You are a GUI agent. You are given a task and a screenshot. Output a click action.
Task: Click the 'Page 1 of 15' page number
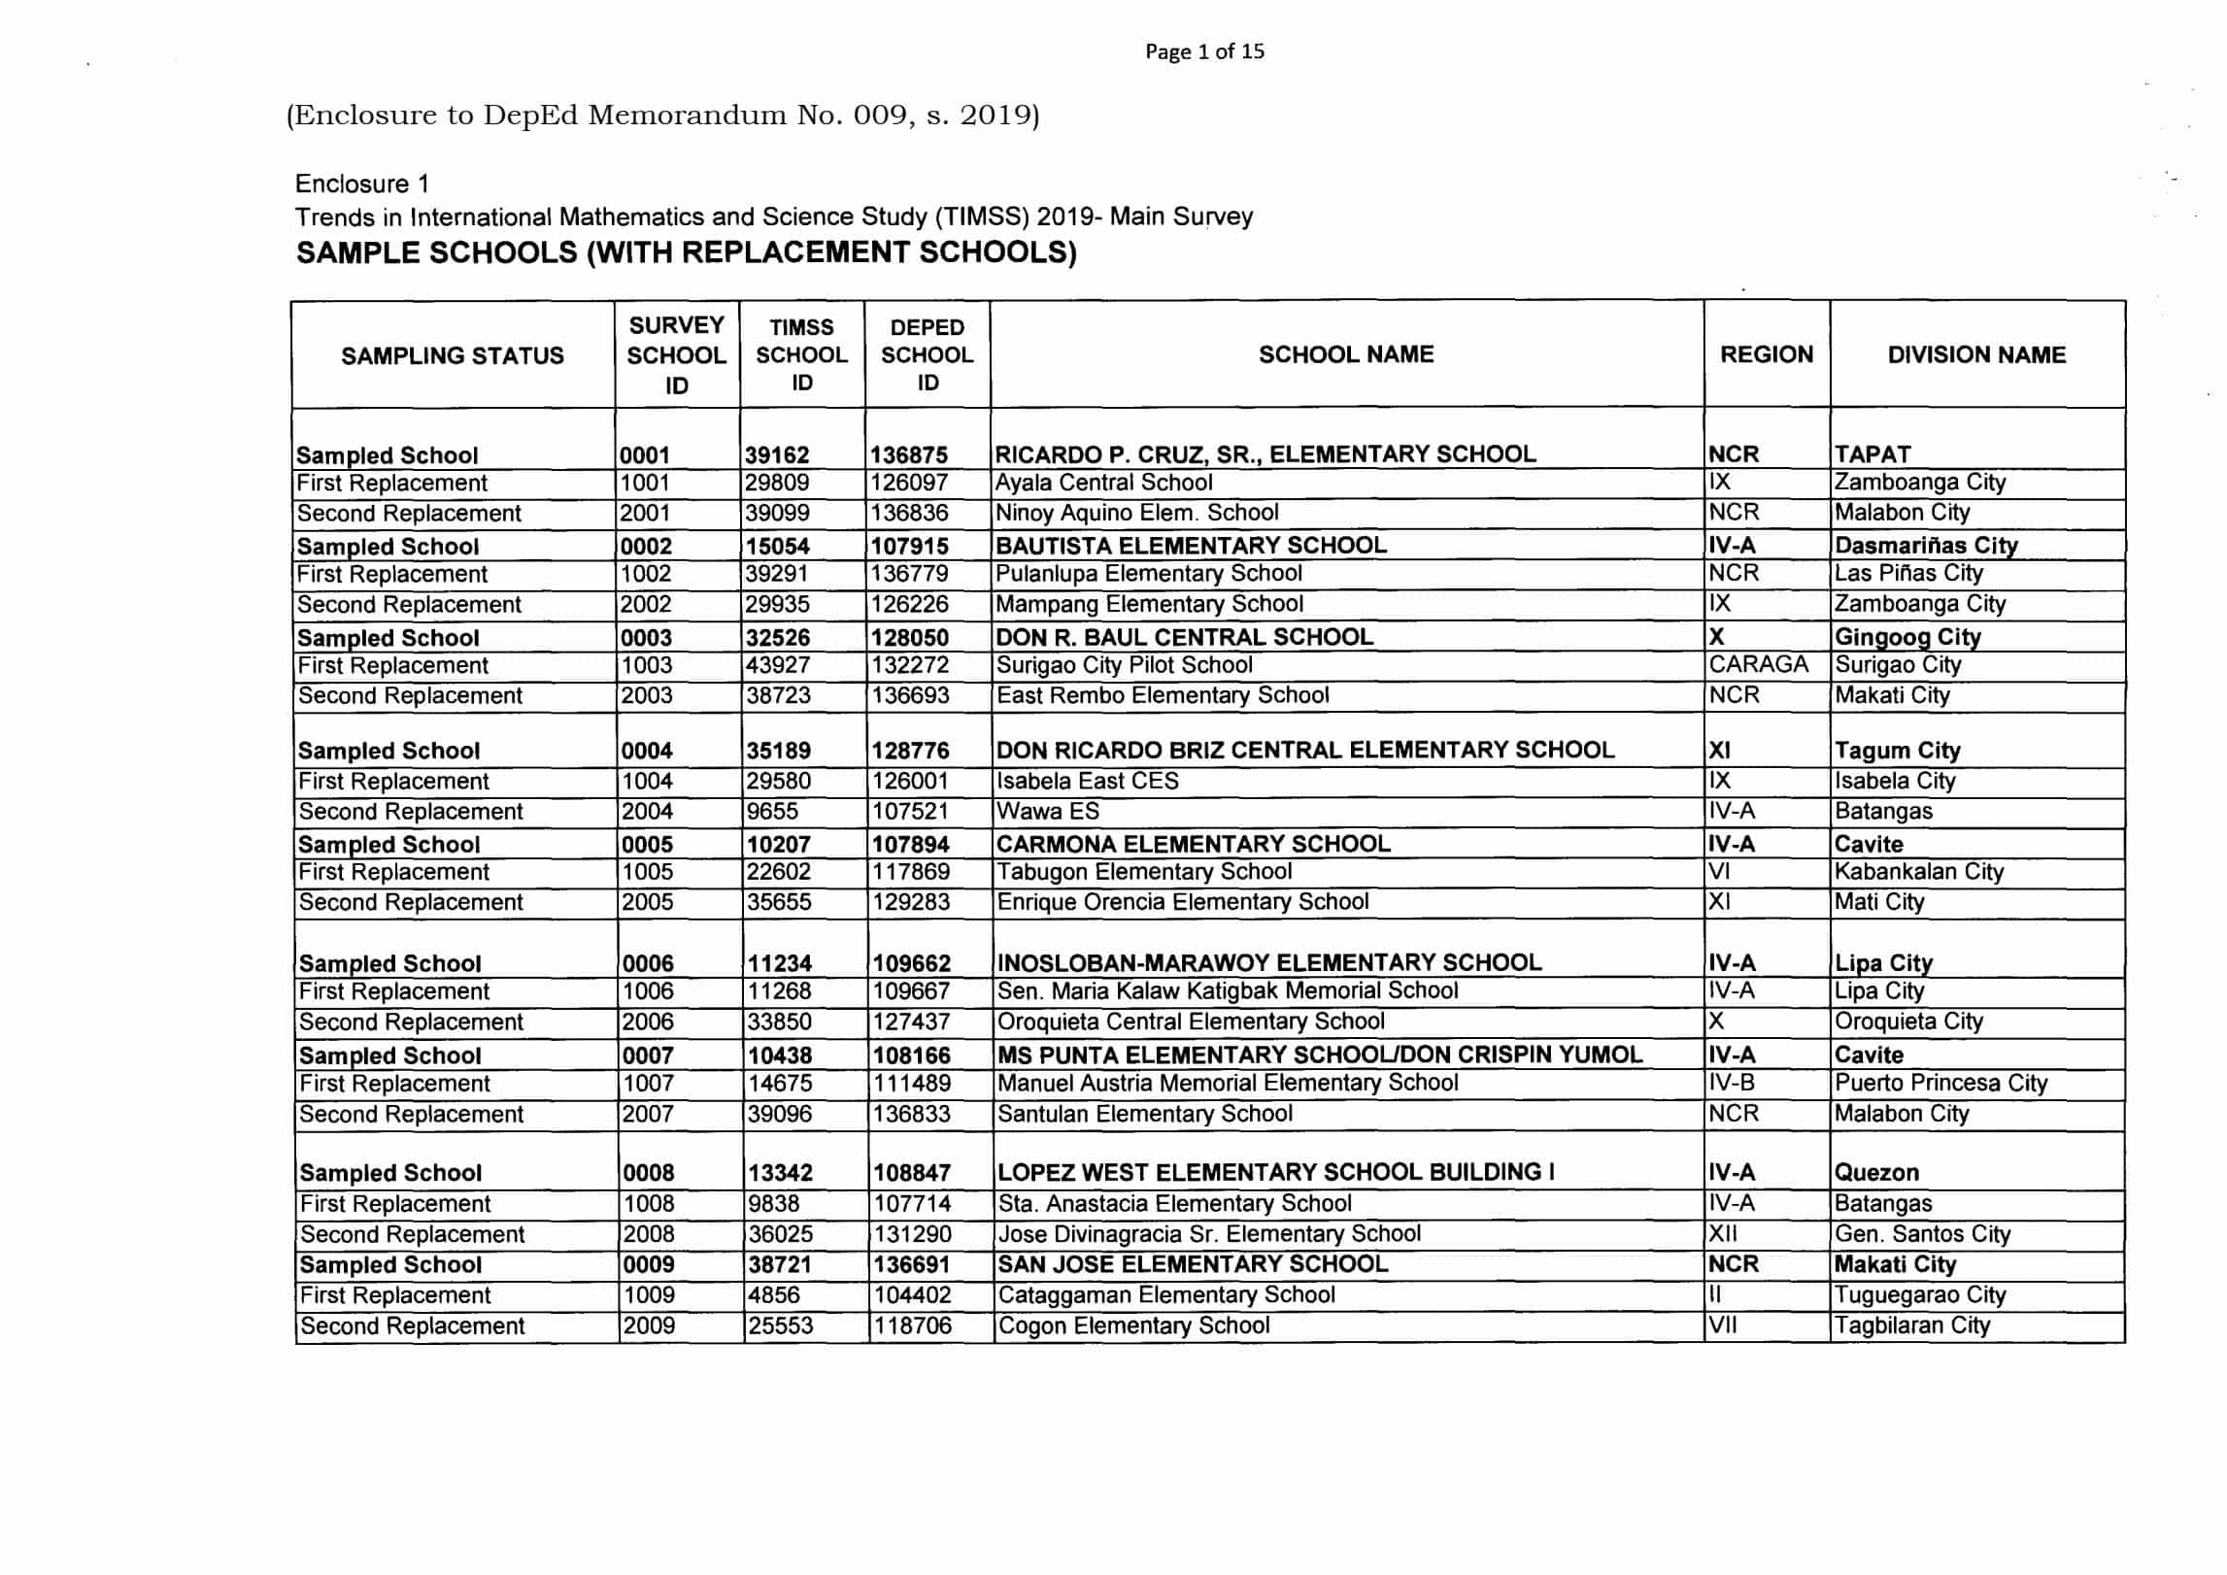(1204, 51)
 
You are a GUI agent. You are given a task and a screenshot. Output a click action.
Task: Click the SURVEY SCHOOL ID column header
(676, 355)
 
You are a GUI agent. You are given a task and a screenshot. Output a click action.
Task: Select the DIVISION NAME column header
(1976, 355)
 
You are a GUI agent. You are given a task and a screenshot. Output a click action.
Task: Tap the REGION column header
(1766, 355)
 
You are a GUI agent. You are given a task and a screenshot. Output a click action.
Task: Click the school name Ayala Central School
(1104, 484)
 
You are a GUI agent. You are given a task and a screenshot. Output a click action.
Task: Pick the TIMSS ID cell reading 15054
(778, 546)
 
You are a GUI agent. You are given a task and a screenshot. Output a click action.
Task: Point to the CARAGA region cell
(1758, 665)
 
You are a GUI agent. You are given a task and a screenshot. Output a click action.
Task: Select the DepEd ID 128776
(910, 751)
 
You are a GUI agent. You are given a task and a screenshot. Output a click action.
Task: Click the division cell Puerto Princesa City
(1940, 1084)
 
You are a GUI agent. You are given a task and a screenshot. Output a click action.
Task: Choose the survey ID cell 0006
(648, 963)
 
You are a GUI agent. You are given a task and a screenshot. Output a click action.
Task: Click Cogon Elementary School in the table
(1133, 1326)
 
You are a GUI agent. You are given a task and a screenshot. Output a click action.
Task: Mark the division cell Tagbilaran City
(1911, 1326)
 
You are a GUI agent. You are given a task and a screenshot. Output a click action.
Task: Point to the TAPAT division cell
(1873, 454)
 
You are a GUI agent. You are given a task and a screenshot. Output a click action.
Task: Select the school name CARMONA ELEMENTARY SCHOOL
(1194, 844)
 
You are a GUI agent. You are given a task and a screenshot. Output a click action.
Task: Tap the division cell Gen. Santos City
(1922, 1235)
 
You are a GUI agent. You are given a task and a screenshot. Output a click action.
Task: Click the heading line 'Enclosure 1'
(362, 184)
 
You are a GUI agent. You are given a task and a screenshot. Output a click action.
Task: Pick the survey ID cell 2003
(647, 696)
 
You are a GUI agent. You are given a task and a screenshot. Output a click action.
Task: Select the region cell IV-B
(1732, 1084)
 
